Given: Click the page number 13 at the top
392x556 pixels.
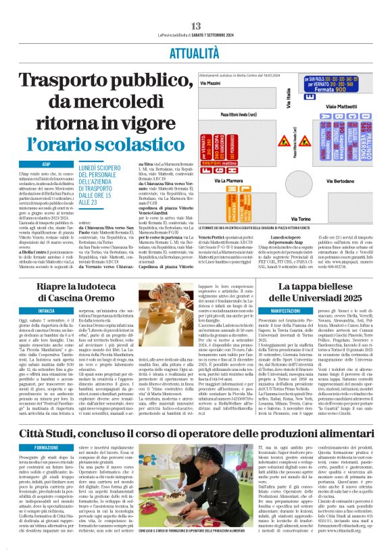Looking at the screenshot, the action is coord(197,25).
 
